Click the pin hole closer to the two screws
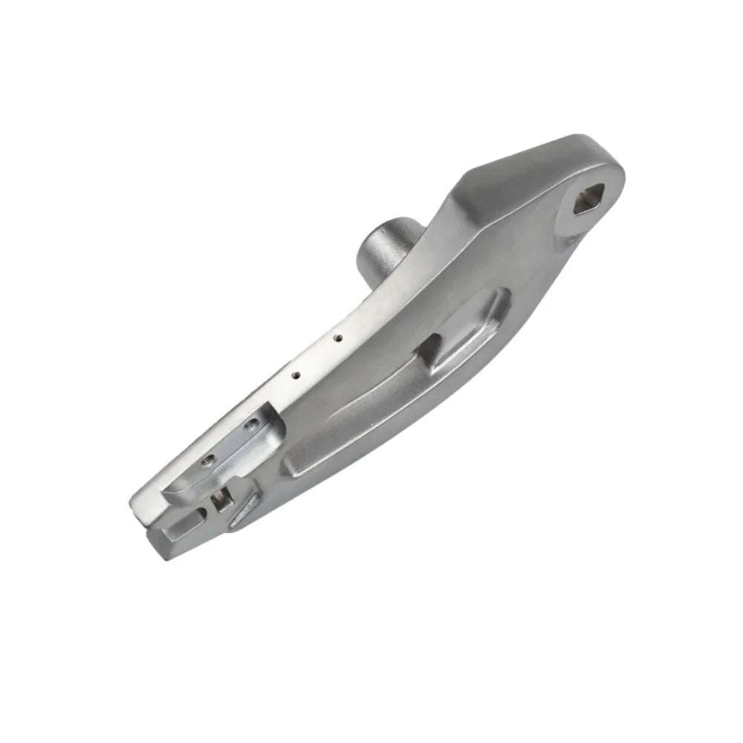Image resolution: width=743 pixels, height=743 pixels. click(296, 375)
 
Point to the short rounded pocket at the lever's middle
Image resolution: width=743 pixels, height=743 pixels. click(476, 327)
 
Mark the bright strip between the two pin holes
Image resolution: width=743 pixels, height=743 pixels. click(318, 356)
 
